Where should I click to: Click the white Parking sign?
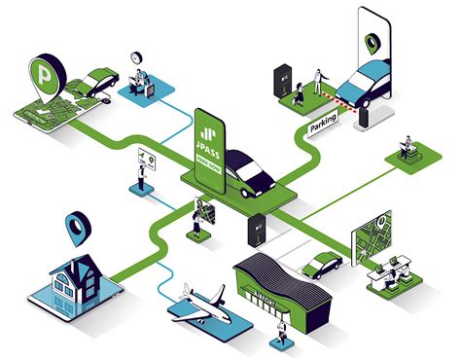coord(323,124)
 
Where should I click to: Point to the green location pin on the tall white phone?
coord(372,43)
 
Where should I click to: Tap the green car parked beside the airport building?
coord(320,263)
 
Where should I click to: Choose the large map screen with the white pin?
coord(373,238)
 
